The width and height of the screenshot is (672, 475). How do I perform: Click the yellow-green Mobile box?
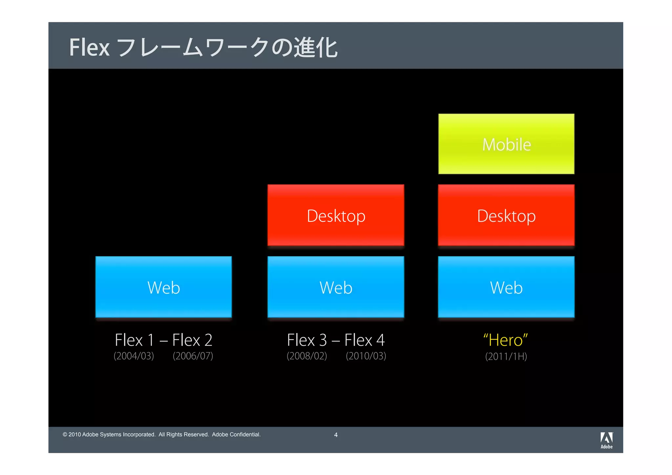506,144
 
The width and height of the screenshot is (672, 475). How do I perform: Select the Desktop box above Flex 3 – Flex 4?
336,215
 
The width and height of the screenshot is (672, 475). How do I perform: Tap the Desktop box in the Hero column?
506,215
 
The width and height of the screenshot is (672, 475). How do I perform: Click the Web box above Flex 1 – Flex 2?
163,287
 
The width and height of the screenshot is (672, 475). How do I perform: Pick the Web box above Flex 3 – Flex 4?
336,287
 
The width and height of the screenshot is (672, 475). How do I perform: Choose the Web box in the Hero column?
506,287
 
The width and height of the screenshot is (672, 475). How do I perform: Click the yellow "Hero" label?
505,340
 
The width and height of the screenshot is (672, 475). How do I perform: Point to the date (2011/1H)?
506,357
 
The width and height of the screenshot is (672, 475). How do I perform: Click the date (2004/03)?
134,356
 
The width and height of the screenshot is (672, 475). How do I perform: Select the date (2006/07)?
193,356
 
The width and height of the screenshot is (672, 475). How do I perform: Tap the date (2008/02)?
307,356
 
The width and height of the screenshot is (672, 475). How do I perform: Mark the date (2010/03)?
366,356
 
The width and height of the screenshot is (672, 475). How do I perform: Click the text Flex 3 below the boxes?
307,340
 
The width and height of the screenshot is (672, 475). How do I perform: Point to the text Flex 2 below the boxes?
192,340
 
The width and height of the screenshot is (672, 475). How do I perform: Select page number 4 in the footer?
336,435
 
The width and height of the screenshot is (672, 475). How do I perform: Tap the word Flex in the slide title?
89,48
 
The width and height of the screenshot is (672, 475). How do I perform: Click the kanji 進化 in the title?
316,48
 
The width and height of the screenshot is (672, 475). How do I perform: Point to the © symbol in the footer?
65,435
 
